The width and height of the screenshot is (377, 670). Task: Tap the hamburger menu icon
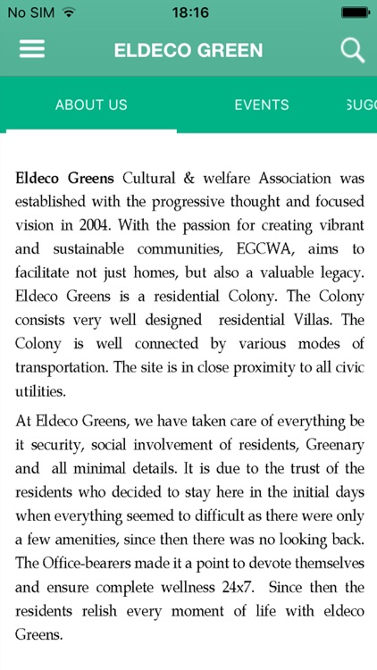32,49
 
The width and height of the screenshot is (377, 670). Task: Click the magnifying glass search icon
353,49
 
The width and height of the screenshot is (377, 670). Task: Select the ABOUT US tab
91,105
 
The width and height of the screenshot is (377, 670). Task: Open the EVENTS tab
262,105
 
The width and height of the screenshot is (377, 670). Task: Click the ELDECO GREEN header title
188,50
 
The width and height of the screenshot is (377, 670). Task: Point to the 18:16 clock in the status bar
188,13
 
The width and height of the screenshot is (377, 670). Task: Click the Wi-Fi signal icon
69,13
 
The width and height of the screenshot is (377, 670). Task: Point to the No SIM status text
29,13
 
